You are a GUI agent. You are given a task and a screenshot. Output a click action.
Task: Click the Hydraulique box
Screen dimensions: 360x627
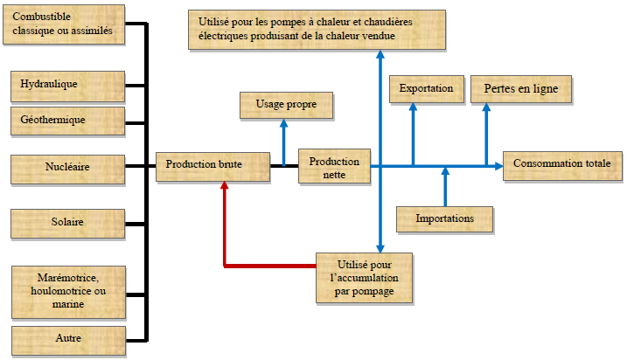67,85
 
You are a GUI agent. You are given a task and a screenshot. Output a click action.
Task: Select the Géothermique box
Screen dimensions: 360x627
67,120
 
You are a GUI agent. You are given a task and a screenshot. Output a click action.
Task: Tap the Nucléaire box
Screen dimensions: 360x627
67,165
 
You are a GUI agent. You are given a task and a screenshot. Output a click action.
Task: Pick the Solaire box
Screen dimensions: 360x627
67,222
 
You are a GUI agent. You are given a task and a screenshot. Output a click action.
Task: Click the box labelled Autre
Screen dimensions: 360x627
67,336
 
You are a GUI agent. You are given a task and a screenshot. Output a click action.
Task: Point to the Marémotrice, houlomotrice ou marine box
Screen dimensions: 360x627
67,292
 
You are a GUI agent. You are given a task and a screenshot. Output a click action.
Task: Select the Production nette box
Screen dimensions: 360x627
334,167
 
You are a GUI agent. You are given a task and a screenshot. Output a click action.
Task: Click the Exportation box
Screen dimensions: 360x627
426,89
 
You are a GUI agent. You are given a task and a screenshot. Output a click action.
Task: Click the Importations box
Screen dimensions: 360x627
445,218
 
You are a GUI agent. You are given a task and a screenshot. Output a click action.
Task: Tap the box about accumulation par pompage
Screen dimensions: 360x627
364,278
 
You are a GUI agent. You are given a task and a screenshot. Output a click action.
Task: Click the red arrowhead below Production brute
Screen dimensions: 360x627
226,187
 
